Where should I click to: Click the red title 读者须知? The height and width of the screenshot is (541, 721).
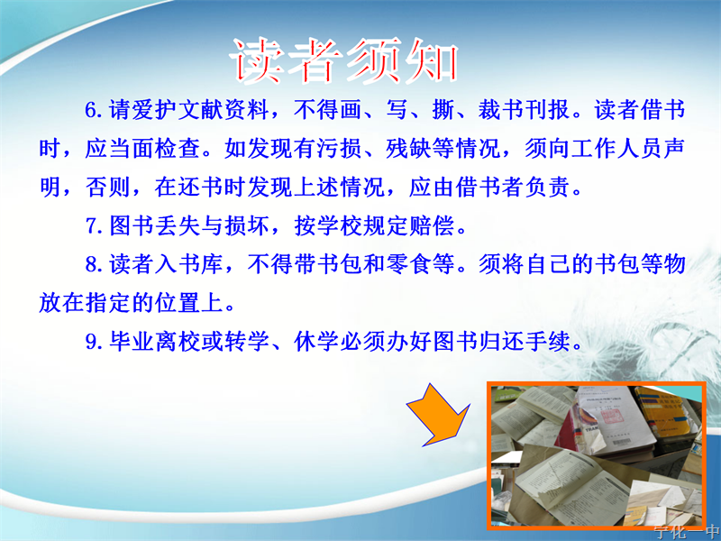pos(344,61)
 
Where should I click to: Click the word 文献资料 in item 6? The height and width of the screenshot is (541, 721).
pos(223,110)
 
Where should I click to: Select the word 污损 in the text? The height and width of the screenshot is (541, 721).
pos(339,148)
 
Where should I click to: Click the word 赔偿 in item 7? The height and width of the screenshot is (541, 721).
pos(432,225)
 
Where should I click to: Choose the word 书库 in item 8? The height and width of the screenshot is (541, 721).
pos(200,264)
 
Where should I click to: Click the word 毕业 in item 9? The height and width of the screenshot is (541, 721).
pos(132,342)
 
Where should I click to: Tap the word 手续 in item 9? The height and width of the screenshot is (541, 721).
pos(547,342)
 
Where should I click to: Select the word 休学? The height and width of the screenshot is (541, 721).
pos(316,342)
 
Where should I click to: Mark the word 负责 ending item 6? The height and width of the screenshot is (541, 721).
pos(547,187)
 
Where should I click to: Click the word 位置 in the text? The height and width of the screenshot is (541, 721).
pos(177,303)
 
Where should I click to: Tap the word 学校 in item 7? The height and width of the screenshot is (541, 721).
pos(340,225)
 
